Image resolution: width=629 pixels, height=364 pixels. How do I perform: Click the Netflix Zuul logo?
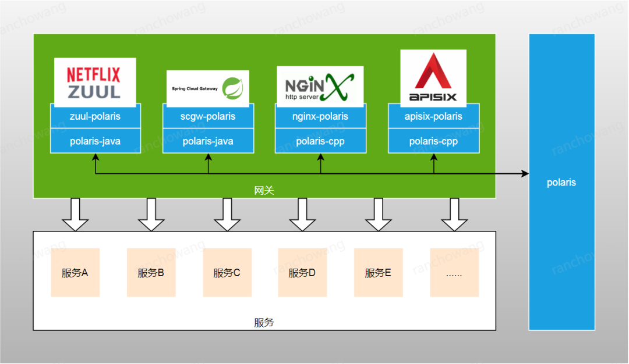95,83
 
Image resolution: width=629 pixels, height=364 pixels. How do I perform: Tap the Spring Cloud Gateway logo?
208,88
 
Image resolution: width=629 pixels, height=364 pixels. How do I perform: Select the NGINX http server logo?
320,87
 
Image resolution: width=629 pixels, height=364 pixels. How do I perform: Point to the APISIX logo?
433,78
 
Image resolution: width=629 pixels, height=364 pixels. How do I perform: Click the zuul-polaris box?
96,116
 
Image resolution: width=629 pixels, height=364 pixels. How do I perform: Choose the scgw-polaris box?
208,116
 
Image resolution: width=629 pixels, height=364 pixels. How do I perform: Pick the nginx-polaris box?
320,116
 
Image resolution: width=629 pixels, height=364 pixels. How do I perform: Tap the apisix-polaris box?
434,116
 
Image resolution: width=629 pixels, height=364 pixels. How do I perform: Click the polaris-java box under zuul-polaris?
96,141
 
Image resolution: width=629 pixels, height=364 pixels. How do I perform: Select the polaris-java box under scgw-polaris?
208,141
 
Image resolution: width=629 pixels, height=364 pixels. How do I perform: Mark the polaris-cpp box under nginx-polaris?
320,141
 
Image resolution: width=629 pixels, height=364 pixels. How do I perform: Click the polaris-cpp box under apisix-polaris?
434,141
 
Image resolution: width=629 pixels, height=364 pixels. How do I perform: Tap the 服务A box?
75,272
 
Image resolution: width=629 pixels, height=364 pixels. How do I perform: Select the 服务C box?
227,272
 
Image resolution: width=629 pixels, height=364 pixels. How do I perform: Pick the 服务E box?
379,272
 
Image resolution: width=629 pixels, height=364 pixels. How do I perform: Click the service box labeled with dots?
454,272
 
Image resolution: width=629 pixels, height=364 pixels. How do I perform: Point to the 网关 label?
264,190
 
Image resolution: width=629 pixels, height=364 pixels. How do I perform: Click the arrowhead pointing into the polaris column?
525,173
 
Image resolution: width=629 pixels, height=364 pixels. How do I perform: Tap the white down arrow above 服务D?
302,215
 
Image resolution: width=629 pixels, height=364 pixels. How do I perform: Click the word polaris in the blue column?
561,183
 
